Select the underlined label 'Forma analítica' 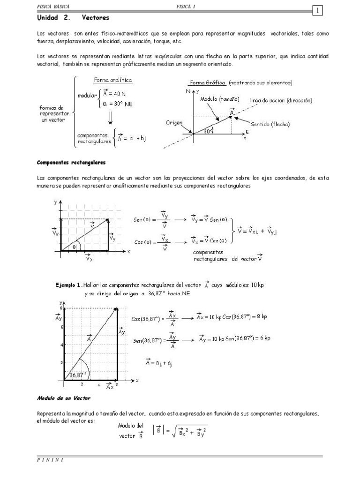(x=113, y=80)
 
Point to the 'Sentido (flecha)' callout (x=270, y=124)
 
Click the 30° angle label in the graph (x=209, y=132)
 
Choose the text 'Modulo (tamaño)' (x=220, y=99)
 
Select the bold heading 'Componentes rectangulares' (x=71, y=162)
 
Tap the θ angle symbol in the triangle (x=74, y=244)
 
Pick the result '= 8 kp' (x=257, y=316)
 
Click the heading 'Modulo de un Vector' (x=63, y=398)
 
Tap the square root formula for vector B (x=185, y=431)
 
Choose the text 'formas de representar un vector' (x=55, y=114)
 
